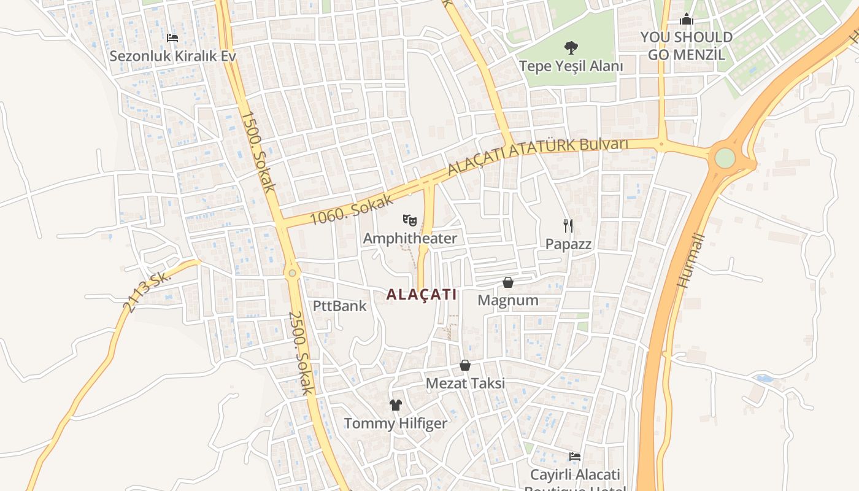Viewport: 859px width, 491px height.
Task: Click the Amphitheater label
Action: click(x=410, y=238)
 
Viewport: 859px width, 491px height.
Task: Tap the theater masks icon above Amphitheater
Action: click(x=410, y=220)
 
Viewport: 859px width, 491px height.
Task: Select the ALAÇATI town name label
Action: click(x=422, y=295)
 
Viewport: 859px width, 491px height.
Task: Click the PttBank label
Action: click(x=339, y=306)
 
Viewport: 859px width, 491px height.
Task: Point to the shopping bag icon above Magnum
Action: click(x=508, y=282)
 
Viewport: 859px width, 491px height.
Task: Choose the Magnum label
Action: click(x=508, y=300)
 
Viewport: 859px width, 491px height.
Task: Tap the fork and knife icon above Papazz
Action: click(x=568, y=226)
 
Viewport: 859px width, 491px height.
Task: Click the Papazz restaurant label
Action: click(x=568, y=244)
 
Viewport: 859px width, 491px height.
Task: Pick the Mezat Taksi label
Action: click(x=465, y=384)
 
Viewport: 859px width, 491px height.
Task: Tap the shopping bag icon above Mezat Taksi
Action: click(x=465, y=365)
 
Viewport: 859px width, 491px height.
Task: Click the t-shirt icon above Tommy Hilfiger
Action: click(x=396, y=405)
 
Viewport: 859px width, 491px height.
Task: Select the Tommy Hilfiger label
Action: click(x=396, y=423)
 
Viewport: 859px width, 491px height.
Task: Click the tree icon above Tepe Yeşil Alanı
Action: click(x=571, y=47)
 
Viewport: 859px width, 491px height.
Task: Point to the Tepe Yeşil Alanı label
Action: click(x=571, y=66)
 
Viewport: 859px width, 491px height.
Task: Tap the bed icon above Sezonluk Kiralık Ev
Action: click(x=172, y=38)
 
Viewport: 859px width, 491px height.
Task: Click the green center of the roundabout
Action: click(x=725, y=158)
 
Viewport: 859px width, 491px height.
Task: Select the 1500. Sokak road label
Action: click(x=258, y=151)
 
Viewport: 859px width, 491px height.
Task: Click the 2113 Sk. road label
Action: click(x=145, y=292)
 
